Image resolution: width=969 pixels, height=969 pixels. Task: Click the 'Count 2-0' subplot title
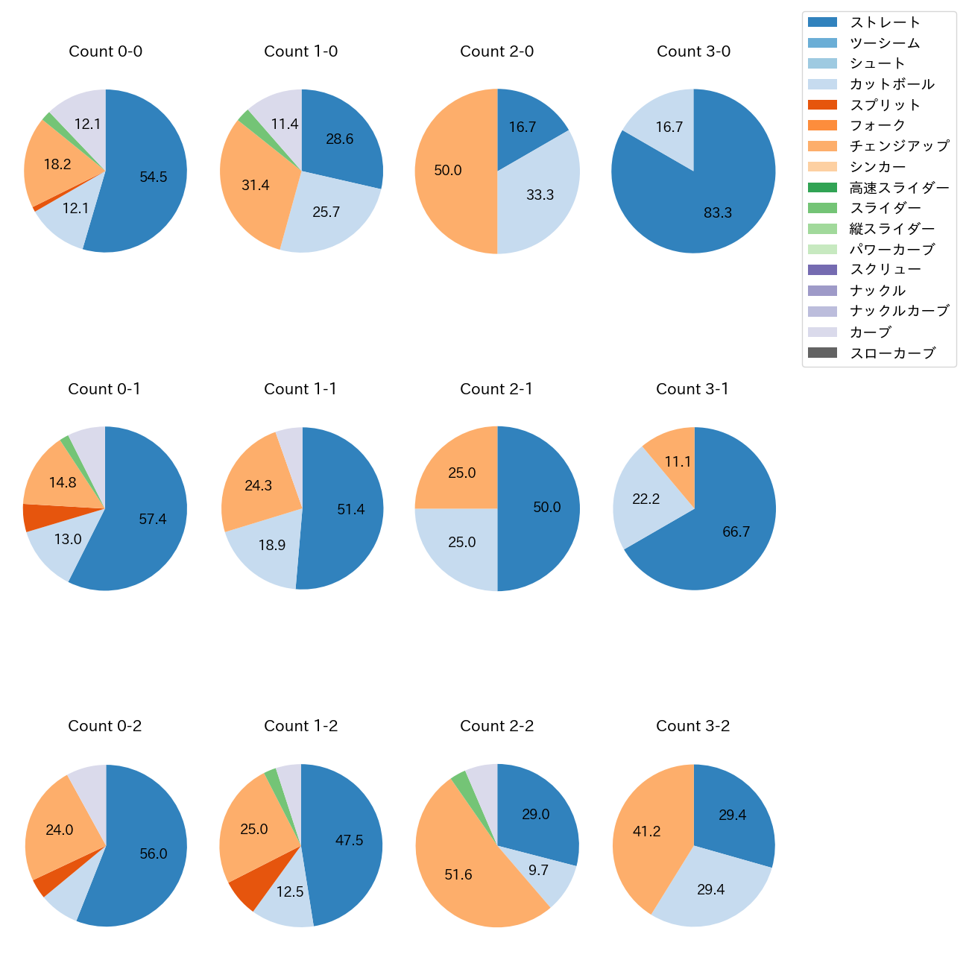[496, 51]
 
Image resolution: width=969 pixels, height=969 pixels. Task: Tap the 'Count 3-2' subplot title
[692, 726]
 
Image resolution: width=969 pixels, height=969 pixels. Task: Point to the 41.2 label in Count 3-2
[646, 831]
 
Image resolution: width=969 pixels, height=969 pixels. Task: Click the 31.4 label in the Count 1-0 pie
[255, 185]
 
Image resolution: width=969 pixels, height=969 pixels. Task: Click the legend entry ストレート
[885, 22]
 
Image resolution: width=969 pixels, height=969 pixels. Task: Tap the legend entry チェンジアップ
[899, 146]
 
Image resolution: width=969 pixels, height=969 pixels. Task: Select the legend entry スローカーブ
[892, 353]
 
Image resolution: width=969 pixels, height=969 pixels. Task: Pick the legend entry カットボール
[891, 84]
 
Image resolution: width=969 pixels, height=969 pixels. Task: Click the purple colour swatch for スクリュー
[822, 270]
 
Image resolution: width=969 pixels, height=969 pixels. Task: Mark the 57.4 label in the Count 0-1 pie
[153, 519]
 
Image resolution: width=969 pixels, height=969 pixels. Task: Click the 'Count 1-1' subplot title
[300, 389]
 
